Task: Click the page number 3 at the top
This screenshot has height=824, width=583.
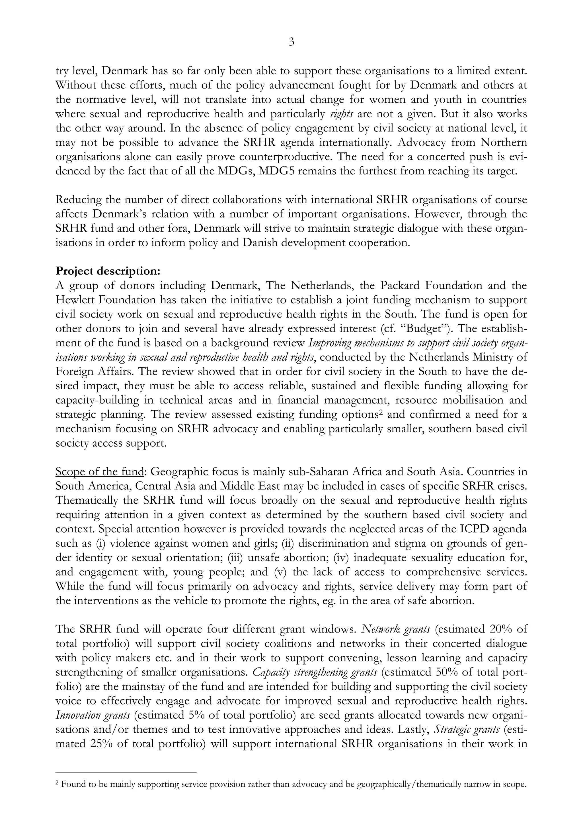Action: [x=291, y=42]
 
